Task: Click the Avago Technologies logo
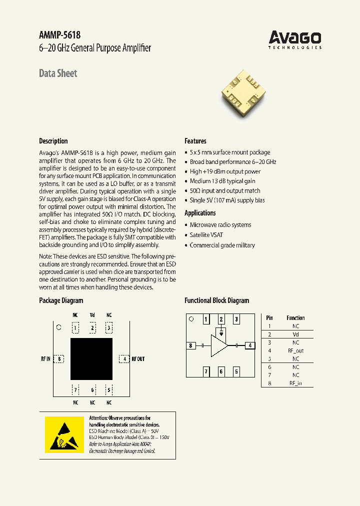pyautogui.click(x=295, y=39)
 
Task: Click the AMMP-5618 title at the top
pyautogui.click(x=59, y=35)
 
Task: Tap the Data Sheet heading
pyautogui.click(x=58, y=73)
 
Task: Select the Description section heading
pyautogui.click(x=53, y=141)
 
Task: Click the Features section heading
pyautogui.click(x=195, y=141)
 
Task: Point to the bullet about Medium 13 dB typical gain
pyautogui.click(x=222, y=181)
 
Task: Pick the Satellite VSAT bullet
pyautogui.click(x=206, y=235)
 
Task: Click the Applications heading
pyautogui.click(x=200, y=213)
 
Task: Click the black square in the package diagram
pyautogui.click(x=91, y=358)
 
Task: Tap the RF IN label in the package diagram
pyautogui.click(x=45, y=359)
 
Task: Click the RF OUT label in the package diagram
pyautogui.click(x=138, y=359)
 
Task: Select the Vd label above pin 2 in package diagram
pyautogui.click(x=92, y=315)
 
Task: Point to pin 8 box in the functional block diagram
pyautogui.click(x=190, y=345)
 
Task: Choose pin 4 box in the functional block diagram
pyautogui.click(x=250, y=345)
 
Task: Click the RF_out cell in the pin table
pyautogui.click(x=295, y=350)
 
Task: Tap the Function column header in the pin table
pyautogui.click(x=295, y=318)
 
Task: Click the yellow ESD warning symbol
pyautogui.click(x=64, y=434)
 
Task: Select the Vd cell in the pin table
pyautogui.click(x=295, y=334)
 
